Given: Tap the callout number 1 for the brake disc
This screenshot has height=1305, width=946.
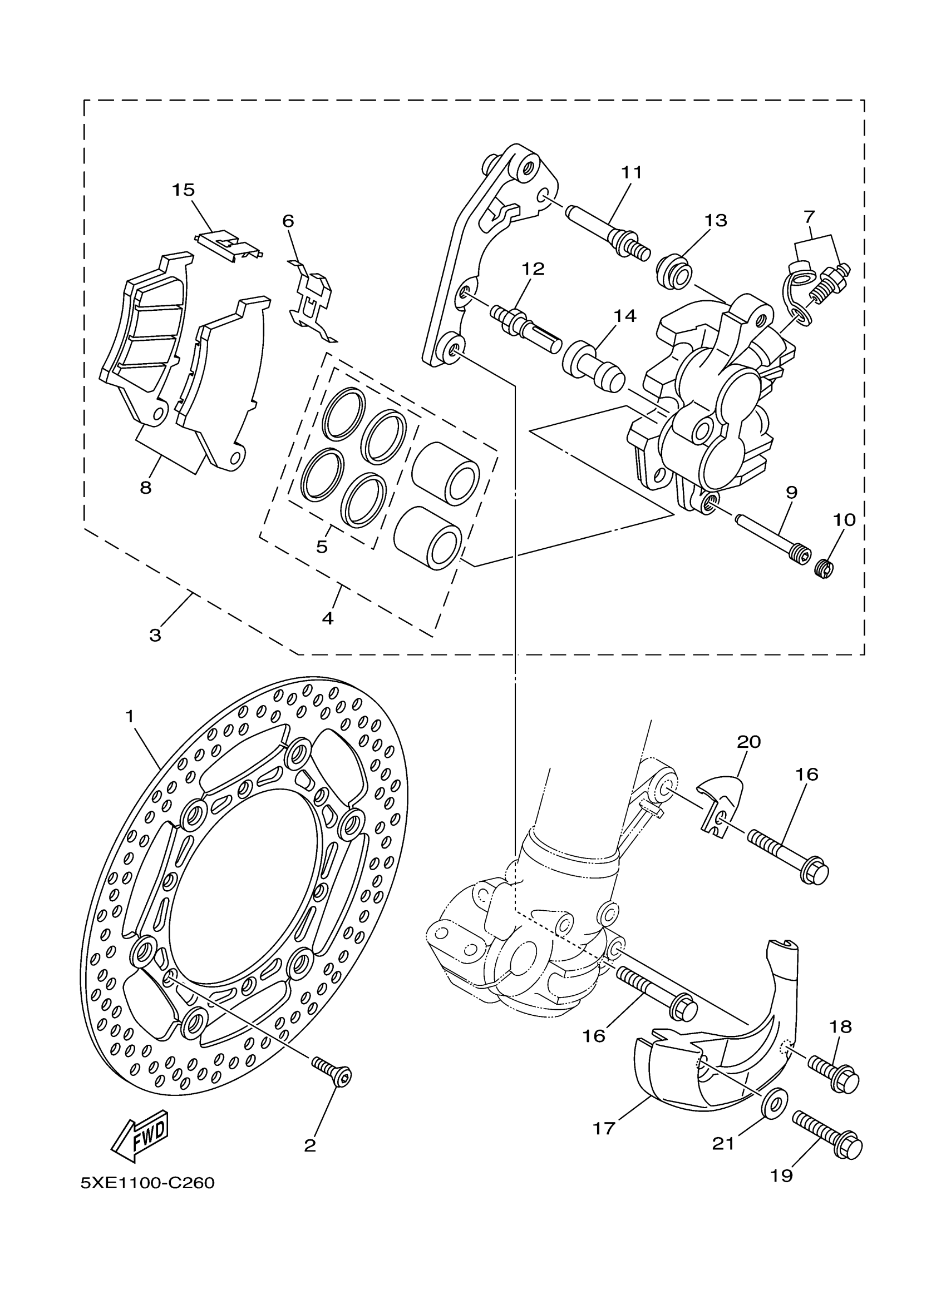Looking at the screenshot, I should pos(130,716).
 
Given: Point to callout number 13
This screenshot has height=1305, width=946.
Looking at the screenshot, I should pos(716,220).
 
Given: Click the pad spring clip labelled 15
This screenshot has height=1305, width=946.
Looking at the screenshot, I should pos(229,246).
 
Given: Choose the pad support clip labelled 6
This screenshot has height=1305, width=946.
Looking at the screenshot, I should pos(311,299).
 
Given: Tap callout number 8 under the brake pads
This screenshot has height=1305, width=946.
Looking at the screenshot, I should pos(146,488).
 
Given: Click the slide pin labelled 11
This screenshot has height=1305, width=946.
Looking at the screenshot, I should pos(608,234).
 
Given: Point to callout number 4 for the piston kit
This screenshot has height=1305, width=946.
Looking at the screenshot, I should pos(328,618).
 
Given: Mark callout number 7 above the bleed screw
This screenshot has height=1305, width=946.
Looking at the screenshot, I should pos(810,217).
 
